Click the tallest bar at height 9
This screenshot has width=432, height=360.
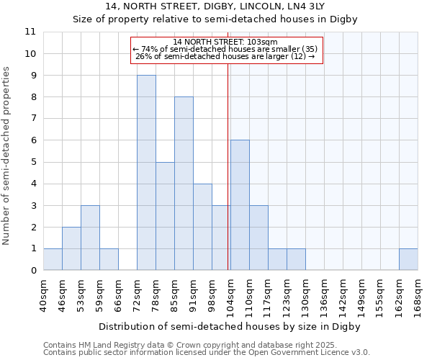pos(146,173)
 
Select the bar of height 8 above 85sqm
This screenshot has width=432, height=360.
pos(184,184)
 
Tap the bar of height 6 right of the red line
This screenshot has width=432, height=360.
pos(240,205)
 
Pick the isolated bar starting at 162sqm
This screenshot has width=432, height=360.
pos(408,259)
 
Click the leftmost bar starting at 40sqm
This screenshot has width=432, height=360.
pos(53,259)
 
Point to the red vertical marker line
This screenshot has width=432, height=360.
pos(228,166)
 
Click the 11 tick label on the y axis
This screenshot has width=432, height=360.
pos(30,32)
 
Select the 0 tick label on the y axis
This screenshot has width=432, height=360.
pos(33,270)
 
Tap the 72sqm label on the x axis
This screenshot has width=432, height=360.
pos(138,295)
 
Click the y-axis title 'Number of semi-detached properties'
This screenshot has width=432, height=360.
pos(7,156)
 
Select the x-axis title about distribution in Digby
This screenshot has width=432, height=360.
pos(229,326)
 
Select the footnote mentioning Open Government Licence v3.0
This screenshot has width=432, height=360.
pos(207,353)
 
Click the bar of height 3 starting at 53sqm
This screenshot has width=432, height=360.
pos(90,238)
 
